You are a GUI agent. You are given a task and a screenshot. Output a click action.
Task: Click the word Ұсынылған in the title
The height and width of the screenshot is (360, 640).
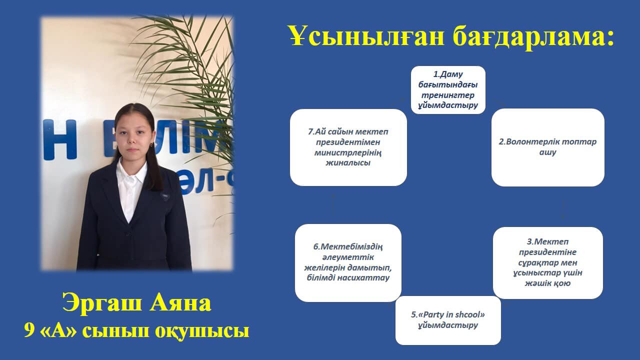[366, 35]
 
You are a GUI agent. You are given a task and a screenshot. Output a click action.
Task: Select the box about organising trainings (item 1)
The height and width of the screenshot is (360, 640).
[448, 90]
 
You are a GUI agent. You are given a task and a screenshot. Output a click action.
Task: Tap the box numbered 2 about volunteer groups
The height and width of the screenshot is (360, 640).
[547, 147]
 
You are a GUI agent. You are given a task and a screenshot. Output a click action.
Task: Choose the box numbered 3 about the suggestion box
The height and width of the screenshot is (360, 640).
[547, 263]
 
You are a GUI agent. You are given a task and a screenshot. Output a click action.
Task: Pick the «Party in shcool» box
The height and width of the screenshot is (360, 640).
[448, 320]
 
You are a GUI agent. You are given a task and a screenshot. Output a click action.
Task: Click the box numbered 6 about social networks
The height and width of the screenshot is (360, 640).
[348, 263]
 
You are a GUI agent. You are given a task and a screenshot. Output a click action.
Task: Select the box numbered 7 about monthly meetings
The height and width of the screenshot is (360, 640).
[348, 147]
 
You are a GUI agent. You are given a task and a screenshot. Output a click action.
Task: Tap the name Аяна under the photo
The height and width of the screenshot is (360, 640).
[180, 303]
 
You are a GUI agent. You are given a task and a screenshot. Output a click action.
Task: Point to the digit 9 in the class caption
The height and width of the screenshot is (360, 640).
[28, 331]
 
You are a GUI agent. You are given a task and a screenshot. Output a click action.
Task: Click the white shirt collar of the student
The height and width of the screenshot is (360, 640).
[132, 171]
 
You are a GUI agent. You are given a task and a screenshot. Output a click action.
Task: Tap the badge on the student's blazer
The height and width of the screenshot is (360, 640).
[165, 196]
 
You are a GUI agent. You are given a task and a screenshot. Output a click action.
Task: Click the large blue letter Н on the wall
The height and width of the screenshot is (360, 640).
[59, 139]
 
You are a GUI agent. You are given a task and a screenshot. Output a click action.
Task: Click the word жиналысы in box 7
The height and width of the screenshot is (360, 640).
[348, 163]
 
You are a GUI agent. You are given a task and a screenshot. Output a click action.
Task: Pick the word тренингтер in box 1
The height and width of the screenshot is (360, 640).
[447, 95]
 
